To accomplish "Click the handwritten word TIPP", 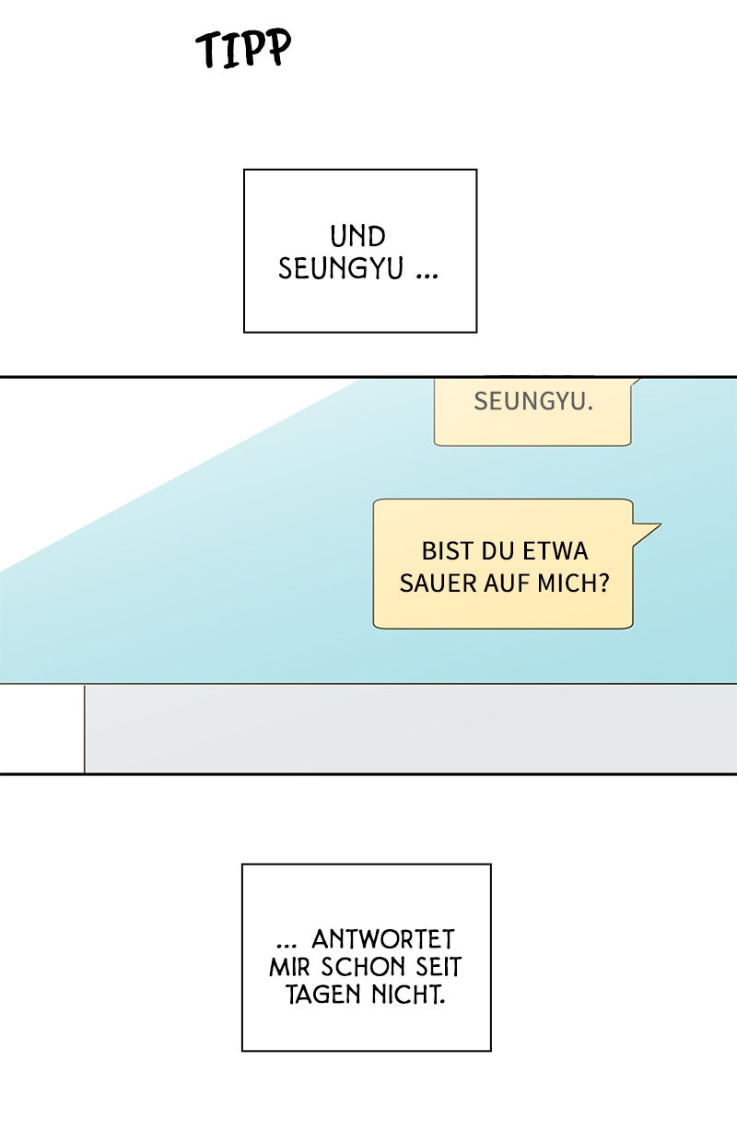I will tap(244, 49).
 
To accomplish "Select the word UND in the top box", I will tap(358, 237).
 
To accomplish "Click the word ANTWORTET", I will tap(383, 939).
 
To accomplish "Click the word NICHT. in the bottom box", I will tap(405, 996).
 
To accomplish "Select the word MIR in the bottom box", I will tap(290, 968).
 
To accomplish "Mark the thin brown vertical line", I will tap(84, 728).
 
